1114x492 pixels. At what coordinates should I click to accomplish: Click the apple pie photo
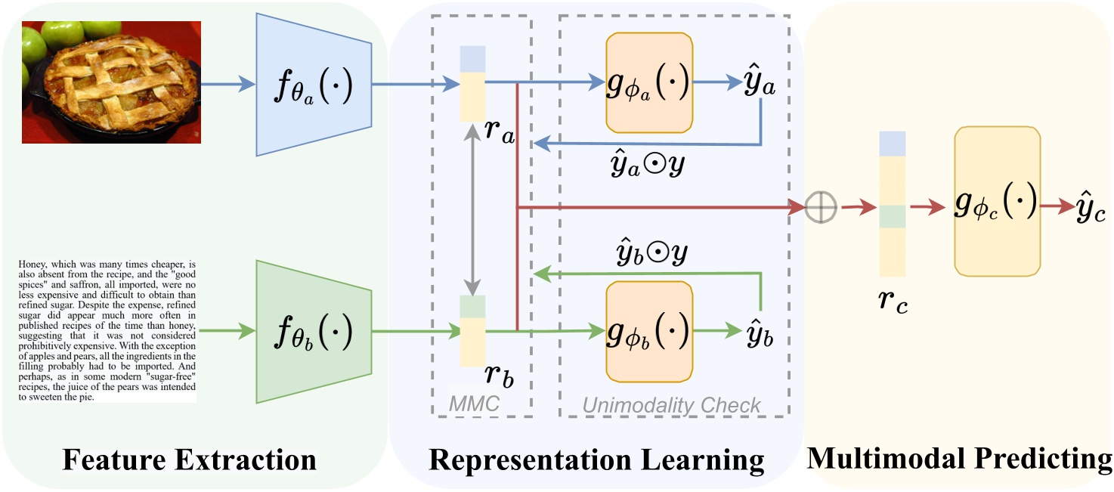tap(110, 82)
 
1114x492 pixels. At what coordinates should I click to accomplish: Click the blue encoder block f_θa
tap(314, 85)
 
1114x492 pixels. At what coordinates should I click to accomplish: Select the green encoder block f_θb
tap(314, 330)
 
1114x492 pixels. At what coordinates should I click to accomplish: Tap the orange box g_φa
tap(649, 82)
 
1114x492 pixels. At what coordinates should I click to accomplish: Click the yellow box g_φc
tap(998, 201)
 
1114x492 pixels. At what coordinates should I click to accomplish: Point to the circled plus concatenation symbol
tap(820, 206)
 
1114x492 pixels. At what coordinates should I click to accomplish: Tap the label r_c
tap(893, 300)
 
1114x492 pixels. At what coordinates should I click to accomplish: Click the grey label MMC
tap(475, 404)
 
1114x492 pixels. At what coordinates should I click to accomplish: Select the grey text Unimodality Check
tap(672, 405)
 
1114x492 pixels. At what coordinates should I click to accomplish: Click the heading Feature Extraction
tap(189, 460)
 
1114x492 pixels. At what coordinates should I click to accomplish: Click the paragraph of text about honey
tap(106, 330)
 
